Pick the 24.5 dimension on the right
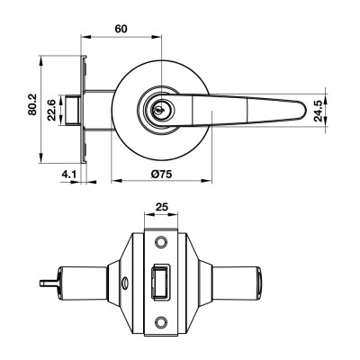pyautogui.click(x=318, y=108)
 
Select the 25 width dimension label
pyautogui.click(x=162, y=206)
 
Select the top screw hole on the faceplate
pyautogui.click(x=162, y=243)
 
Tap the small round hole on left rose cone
pyautogui.click(x=122, y=289)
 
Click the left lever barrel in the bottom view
pyautogui.click(x=76, y=281)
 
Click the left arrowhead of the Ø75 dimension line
pyautogui.click(x=114, y=179)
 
